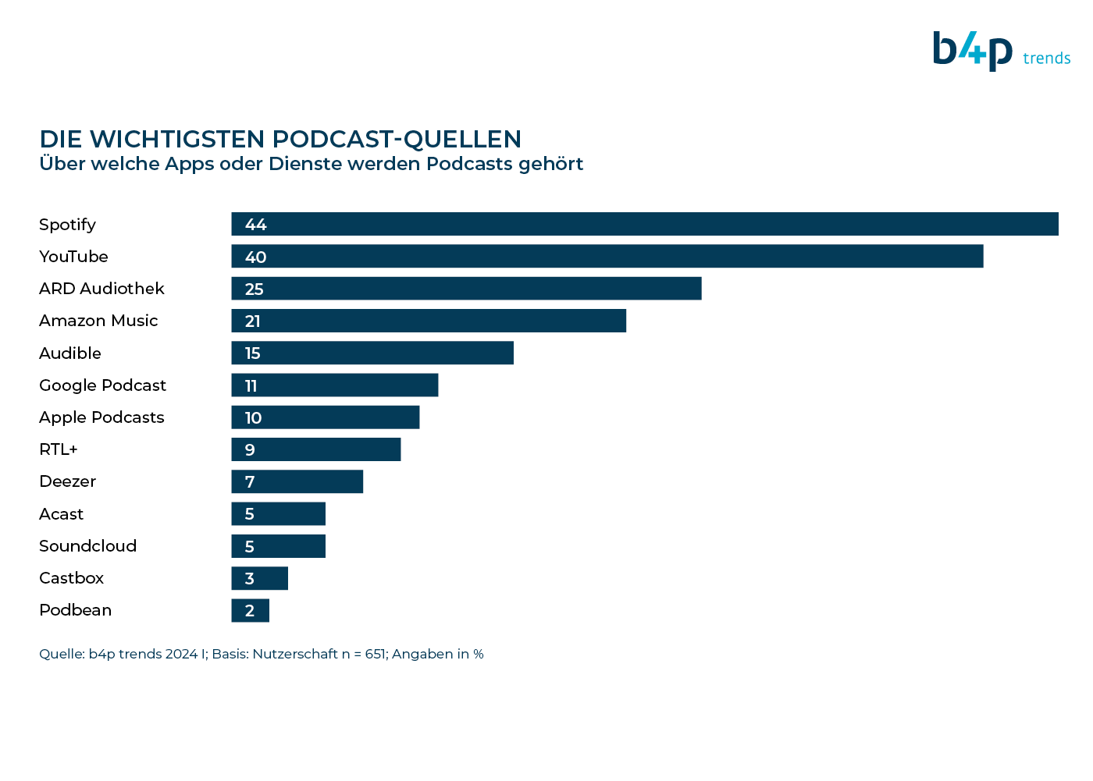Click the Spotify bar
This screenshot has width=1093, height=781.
[x=645, y=224]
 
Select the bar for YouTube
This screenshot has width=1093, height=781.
[x=607, y=256]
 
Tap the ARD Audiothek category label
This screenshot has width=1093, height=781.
[x=101, y=288]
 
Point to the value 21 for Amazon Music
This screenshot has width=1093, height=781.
[x=252, y=321]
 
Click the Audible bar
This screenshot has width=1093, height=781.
[x=372, y=353]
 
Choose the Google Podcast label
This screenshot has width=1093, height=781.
[x=102, y=385]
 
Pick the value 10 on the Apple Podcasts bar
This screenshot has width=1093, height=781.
[x=253, y=417]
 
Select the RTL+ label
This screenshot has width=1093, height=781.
[x=58, y=449]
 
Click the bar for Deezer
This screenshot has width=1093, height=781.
[x=297, y=481]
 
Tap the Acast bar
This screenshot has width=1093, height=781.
[x=278, y=513]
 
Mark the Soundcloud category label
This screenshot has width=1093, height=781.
[x=87, y=545]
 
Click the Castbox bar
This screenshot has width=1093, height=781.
[x=259, y=577]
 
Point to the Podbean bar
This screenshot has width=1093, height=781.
[x=251, y=610]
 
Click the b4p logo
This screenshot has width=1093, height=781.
[x=973, y=51]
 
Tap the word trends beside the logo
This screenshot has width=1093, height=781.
[x=1047, y=58]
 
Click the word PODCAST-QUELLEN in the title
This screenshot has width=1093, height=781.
[x=397, y=139]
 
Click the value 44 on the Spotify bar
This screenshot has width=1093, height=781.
[x=256, y=224]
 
